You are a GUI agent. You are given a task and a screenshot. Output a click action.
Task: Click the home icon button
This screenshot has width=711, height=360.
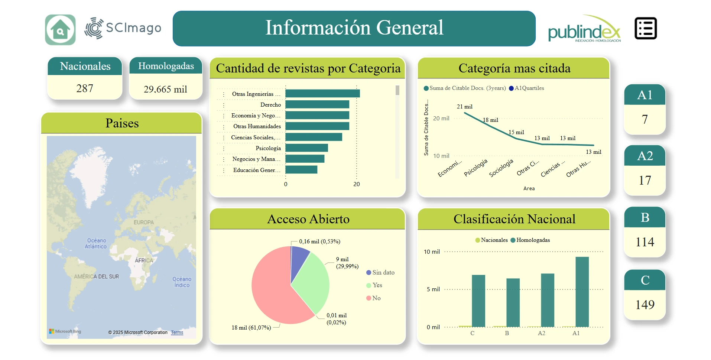point(60,30)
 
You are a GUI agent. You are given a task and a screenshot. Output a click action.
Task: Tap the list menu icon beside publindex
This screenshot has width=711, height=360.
point(645,28)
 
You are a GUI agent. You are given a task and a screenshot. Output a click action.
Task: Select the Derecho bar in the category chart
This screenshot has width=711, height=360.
point(317,105)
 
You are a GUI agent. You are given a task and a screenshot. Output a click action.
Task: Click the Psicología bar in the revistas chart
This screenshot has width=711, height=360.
point(306,148)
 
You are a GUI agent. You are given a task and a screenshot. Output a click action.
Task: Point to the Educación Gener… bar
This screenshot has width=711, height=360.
point(301,170)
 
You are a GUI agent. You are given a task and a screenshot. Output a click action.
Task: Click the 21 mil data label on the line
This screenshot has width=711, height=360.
point(464,107)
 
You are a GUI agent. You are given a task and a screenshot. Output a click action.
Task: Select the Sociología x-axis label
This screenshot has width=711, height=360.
point(501,168)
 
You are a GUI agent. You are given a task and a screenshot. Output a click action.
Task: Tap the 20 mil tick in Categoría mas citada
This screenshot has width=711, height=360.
point(441,119)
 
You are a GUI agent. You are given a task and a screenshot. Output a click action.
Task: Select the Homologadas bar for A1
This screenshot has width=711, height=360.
point(582,292)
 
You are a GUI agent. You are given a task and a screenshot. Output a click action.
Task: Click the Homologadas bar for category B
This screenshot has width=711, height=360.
point(513,302)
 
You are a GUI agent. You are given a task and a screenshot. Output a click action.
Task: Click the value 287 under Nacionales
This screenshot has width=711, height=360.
point(85,88)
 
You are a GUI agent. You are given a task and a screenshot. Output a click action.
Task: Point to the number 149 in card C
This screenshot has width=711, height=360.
point(645,305)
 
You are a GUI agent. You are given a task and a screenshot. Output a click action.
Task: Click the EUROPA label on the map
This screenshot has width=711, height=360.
point(144,222)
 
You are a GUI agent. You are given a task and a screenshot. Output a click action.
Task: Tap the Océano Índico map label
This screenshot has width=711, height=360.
point(182,282)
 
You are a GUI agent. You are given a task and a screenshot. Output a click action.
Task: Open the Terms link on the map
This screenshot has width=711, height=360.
point(177,333)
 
